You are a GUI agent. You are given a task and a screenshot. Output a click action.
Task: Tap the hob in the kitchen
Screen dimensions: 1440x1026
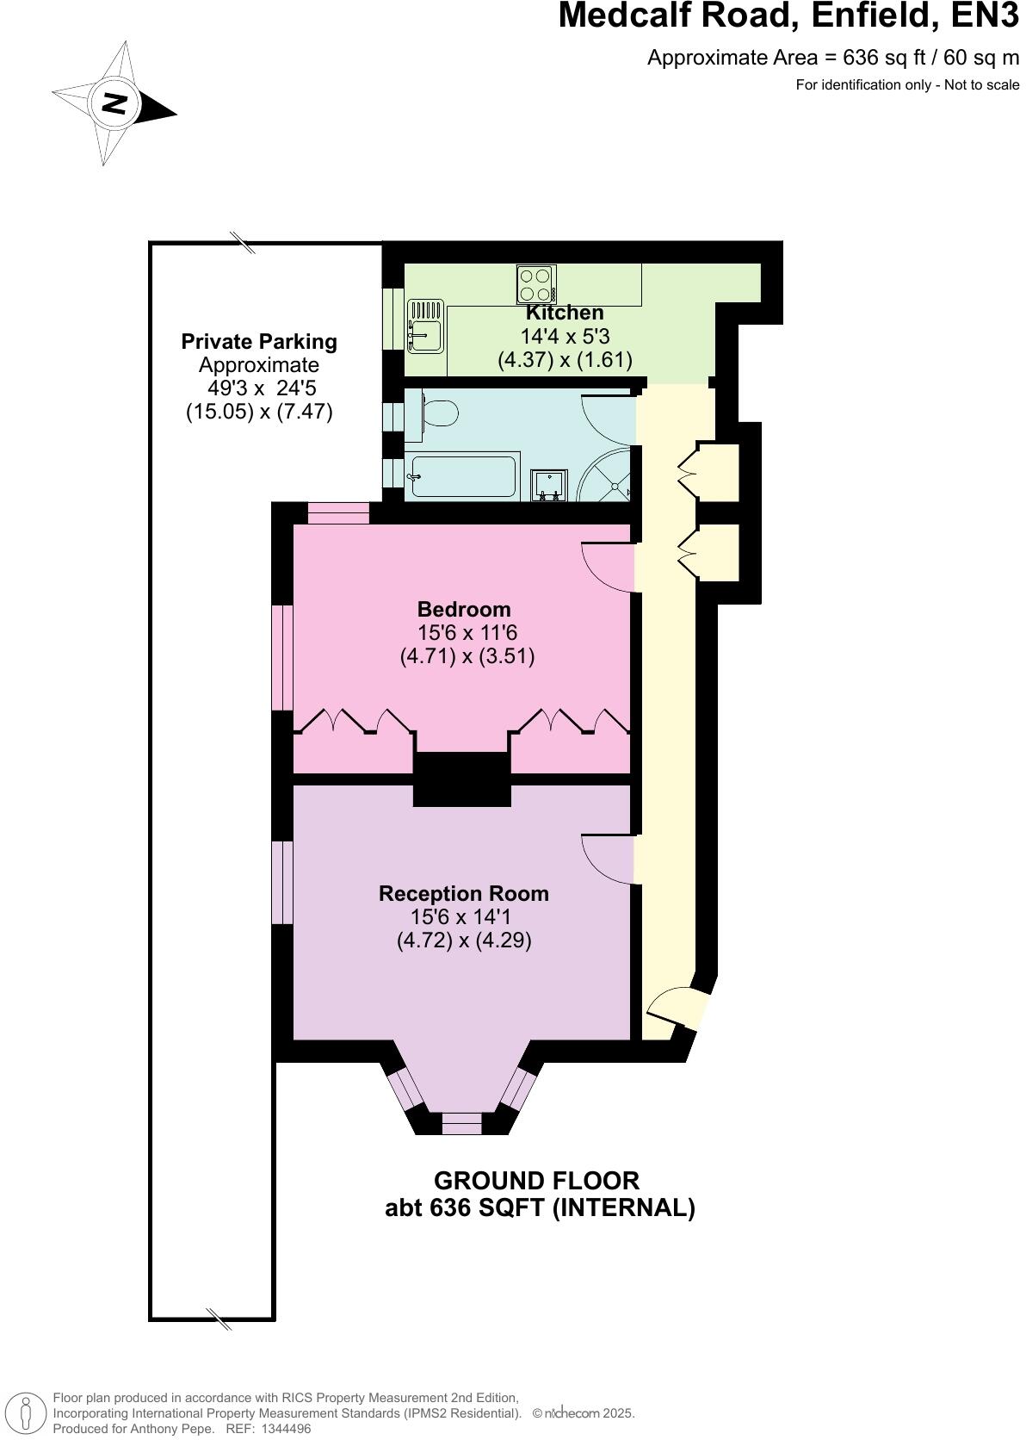535,285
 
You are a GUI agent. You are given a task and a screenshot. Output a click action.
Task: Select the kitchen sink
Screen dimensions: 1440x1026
425,326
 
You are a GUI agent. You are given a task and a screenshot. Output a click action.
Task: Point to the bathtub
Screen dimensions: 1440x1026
464,476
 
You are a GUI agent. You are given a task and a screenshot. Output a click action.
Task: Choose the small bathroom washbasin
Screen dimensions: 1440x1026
549,484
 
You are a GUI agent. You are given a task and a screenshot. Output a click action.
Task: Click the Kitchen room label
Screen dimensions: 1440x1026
565,313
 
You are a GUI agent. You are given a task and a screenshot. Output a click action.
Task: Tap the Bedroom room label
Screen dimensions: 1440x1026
464,610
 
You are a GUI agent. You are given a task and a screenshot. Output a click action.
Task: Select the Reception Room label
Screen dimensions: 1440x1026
464,894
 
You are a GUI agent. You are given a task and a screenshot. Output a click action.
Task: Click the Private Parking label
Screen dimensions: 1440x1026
259,342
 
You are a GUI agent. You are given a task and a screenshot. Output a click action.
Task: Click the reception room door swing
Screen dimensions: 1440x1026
610,859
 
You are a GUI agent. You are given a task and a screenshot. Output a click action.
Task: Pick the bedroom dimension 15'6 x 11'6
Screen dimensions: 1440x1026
467,633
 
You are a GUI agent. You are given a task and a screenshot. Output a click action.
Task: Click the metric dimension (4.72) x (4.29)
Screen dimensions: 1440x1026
464,940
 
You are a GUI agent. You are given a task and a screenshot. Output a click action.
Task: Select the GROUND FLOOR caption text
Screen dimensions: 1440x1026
536,1181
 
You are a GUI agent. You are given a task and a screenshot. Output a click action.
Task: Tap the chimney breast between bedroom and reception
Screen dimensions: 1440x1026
461,779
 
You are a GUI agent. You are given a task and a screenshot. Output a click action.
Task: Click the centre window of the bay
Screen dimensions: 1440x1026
461,1123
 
